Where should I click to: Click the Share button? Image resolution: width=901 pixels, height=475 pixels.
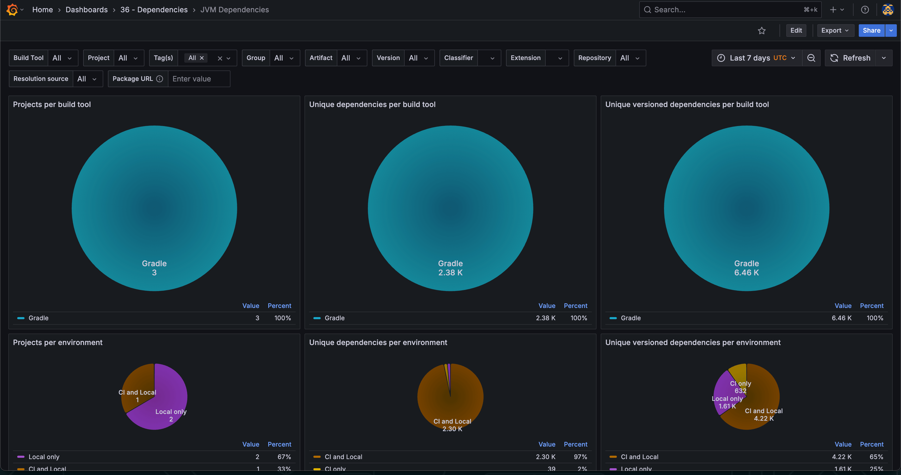[x=871, y=31]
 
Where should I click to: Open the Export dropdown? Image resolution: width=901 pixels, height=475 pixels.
[x=835, y=31]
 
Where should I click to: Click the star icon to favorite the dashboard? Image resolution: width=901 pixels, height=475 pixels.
[x=762, y=31]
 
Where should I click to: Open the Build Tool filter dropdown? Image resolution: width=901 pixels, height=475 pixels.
[x=62, y=58]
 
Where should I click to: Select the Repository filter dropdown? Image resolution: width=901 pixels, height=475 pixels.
[x=630, y=58]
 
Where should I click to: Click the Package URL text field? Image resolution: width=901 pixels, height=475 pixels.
[x=199, y=79]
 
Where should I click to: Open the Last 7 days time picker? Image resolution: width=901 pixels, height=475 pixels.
[x=757, y=58]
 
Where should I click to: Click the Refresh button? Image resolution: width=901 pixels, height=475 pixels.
[x=850, y=58]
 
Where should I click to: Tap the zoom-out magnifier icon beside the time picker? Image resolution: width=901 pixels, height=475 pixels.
[x=811, y=58]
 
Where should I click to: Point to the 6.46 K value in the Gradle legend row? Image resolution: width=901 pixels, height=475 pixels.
[x=841, y=318]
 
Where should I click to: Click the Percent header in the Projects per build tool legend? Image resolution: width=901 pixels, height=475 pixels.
[x=279, y=306]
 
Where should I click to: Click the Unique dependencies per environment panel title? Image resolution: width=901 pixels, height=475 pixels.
[x=378, y=342]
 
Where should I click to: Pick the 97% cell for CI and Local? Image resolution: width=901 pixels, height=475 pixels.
[x=580, y=457]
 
